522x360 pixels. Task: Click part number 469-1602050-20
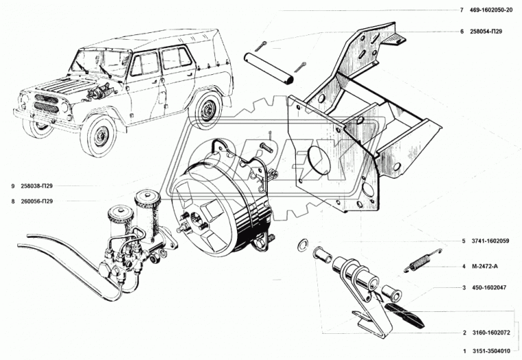tap(492, 10)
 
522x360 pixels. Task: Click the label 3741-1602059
tap(490, 241)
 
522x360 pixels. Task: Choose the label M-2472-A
tap(486, 266)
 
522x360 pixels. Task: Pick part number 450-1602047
tap(489, 288)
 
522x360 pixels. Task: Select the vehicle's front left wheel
tap(98, 135)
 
